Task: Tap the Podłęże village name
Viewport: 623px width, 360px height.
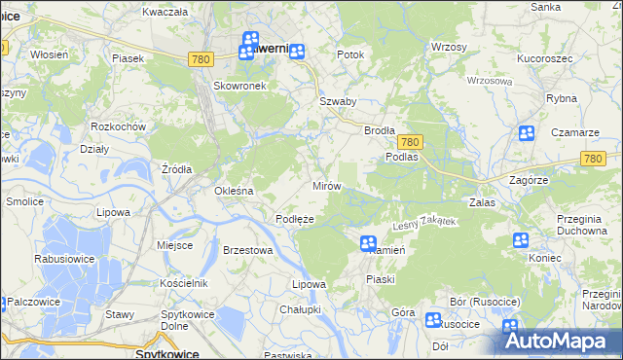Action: (294, 219)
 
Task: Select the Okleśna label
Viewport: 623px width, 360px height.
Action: (234, 191)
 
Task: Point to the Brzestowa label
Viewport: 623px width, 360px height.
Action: (246, 250)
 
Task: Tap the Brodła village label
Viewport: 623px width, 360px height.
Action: (380, 130)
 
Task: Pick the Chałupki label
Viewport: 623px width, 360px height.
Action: (300, 308)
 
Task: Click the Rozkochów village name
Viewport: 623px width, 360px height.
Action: (117, 126)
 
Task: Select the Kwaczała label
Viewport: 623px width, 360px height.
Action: (164, 12)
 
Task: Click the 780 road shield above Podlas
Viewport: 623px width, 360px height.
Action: (409, 141)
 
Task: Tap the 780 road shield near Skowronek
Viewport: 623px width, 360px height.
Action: (201, 59)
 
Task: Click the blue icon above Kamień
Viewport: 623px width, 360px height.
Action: (368, 243)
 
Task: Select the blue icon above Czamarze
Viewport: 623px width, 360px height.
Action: (527, 134)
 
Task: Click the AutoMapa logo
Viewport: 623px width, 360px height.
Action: (559, 340)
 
